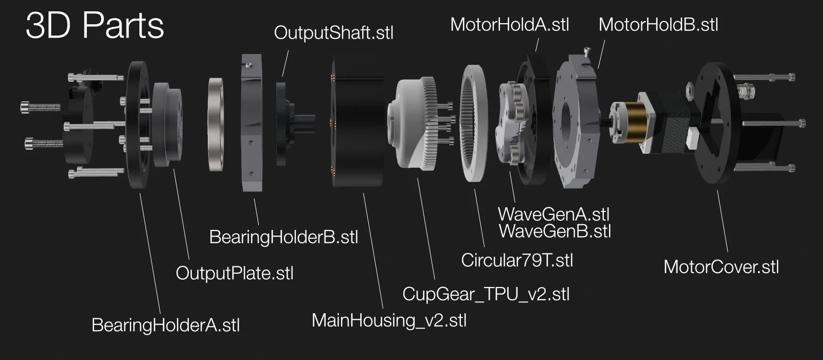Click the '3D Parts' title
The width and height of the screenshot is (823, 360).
[95, 25]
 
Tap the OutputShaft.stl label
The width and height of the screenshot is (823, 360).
[334, 33]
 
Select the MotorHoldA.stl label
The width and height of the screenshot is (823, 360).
[510, 25]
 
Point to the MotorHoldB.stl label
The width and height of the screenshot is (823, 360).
[658, 25]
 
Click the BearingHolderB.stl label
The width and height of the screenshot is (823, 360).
[283, 237]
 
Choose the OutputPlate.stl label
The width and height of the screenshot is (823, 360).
[235, 273]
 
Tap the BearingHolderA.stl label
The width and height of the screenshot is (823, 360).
[166, 325]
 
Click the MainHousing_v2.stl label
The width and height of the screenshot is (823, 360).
[389, 320]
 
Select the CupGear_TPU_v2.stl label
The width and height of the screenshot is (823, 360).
[486, 294]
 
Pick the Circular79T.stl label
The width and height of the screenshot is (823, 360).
[517, 260]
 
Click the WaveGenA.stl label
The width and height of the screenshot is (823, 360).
[553, 214]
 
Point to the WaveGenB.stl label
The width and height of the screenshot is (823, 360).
[555, 231]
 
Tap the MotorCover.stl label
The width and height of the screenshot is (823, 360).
[721, 267]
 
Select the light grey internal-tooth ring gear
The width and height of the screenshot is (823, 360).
[474, 123]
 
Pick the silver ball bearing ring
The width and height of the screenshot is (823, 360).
[216, 124]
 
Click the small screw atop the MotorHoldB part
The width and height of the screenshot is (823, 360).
[587, 52]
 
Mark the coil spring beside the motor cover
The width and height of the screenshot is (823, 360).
[745, 91]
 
